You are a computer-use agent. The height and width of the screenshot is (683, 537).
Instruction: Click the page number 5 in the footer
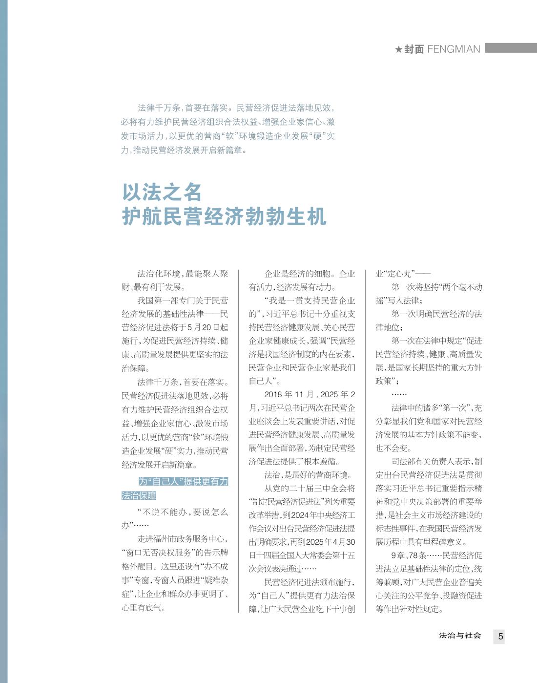(x=500, y=637)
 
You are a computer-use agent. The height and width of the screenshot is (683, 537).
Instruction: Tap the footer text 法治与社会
(x=460, y=636)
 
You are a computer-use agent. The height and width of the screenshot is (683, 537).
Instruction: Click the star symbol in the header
(x=398, y=49)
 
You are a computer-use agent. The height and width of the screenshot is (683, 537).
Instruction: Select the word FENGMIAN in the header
(x=454, y=49)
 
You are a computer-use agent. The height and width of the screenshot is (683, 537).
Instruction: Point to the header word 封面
(x=414, y=49)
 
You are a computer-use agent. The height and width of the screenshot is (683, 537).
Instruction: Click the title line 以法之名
(x=162, y=192)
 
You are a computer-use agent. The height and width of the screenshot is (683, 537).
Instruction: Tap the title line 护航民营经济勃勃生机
(x=224, y=216)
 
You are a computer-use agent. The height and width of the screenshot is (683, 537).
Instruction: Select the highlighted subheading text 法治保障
(x=139, y=495)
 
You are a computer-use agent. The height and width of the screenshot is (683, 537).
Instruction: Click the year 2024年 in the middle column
(x=306, y=515)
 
